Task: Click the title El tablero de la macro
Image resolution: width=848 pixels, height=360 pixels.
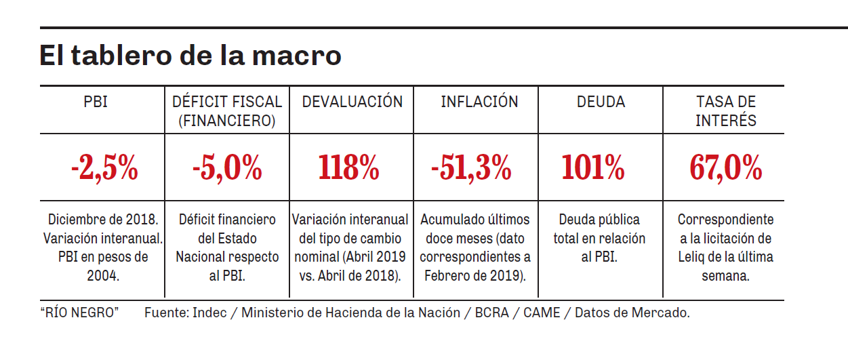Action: pyautogui.click(x=190, y=55)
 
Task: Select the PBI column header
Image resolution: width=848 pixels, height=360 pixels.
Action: pyautogui.click(x=96, y=102)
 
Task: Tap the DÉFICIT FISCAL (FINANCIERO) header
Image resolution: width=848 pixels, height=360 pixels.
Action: pyautogui.click(x=227, y=111)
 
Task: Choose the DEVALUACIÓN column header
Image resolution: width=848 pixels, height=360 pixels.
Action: pyautogui.click(x=352, y=102)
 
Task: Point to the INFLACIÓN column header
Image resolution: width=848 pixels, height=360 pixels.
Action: pyautogui.click(x=479, y=102)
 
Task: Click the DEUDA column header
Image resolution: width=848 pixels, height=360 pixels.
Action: pyautogui.click(x=601, y=102)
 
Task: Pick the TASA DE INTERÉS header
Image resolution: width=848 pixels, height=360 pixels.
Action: pyautogui.click(x=726, y=111)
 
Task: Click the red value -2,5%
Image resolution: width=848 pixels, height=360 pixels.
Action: pyautogui.click(x=104, y=168)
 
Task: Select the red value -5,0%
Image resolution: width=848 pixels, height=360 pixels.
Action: pyautogui.click(x=227, y=168)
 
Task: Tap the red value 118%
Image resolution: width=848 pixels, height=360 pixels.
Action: pyautogui.click(x=348, y=168)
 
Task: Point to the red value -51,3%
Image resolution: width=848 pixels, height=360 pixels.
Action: pyautogui.click(x=472, y=168)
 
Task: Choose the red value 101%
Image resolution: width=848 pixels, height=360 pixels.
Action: pyautogui.click(x=593, y=168)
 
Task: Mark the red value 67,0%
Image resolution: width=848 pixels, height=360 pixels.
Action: pyautogui.click(x=726, y=168)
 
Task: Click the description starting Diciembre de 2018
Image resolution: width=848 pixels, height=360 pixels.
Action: pyautogui.click(x=103, y=248)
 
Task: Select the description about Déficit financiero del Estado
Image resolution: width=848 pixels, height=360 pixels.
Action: pyautogui.click(x=227, y=248)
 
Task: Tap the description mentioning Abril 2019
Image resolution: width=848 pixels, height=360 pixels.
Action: pyautogui.click(x=351, y=248)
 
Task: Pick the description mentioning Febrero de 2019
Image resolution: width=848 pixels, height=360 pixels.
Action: pyautogui.click(x=475, y=248)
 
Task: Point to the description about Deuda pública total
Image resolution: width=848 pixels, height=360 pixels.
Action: pyautogui.click(x=599, y=239)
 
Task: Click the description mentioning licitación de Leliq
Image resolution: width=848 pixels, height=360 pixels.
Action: pyautogui.click(x=725, y=248)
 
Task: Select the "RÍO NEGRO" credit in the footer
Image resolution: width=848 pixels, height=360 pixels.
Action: pyautogui.click(x=80, y=313)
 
